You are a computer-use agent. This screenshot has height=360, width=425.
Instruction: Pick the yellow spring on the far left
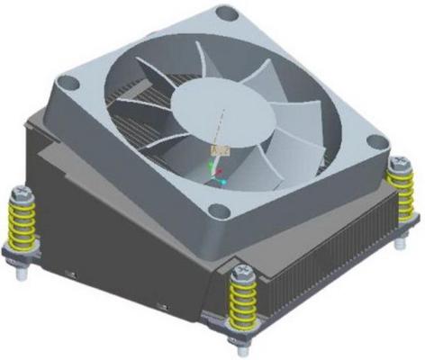click(23, 220)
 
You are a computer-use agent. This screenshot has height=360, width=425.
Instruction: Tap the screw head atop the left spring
click(20, 191)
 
